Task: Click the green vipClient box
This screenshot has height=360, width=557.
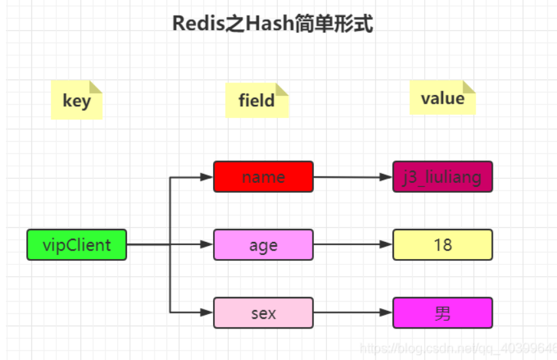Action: [76, 245]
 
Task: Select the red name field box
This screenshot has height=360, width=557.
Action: [263, 177]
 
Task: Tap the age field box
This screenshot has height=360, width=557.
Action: [263, 245]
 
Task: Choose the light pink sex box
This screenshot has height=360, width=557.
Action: [263, 313]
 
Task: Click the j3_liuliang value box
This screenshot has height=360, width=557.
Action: [442, 177]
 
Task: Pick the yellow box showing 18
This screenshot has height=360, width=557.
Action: [442, 245]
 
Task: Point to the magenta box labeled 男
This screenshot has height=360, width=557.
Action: [442, 313]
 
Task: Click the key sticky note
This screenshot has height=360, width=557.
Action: [77, 101]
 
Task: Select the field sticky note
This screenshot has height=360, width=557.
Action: [256, 101]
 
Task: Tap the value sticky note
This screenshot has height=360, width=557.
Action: [442, 98]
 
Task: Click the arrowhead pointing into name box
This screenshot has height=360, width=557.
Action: [208, 177]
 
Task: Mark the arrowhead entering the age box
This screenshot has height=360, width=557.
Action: [208, 245]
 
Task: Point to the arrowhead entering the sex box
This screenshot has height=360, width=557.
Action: [208, 313]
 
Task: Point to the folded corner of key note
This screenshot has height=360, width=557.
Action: [96, 87]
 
